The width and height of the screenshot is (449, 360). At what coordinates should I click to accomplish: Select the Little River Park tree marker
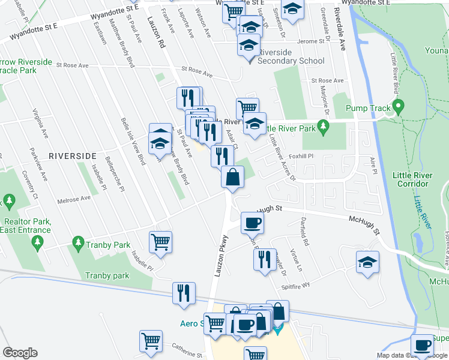(x=324, y=127)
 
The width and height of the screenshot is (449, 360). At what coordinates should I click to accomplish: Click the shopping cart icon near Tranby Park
(x=160, y=242)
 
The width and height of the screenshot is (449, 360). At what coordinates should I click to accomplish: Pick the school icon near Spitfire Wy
(x=367, y=262)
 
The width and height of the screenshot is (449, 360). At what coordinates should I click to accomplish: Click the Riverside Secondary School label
(x=291, y=61)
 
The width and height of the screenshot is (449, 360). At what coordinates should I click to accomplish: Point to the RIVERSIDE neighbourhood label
(x=73, y=155)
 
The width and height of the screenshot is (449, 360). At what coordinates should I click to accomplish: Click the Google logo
(x=20, y=353)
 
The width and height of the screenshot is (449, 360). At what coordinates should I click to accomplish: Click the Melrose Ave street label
(x=74, y=199)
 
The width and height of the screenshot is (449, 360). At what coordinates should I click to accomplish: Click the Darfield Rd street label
(x=304, y=232)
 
